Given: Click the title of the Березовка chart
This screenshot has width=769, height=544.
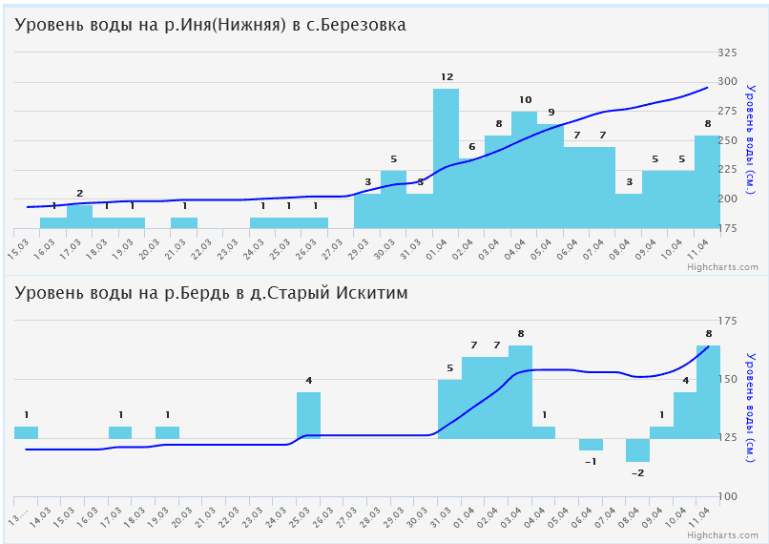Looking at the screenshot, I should pyautogui.click(x=211, y=25).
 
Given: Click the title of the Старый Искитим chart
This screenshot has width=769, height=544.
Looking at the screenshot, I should pyautogui.click(x=211, y=293).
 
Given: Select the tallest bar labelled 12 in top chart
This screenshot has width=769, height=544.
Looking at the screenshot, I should pyautogui.click(x=446, y=157).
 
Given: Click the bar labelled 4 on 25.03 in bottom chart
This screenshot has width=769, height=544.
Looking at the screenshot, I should pyautogui.click(x=308, y=415).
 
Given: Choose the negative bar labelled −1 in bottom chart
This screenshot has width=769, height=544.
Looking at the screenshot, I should pyautogui.click(x=591, y=445).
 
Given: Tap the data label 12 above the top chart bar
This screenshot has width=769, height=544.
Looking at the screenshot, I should pyautogui.click(x=447, y=76).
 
